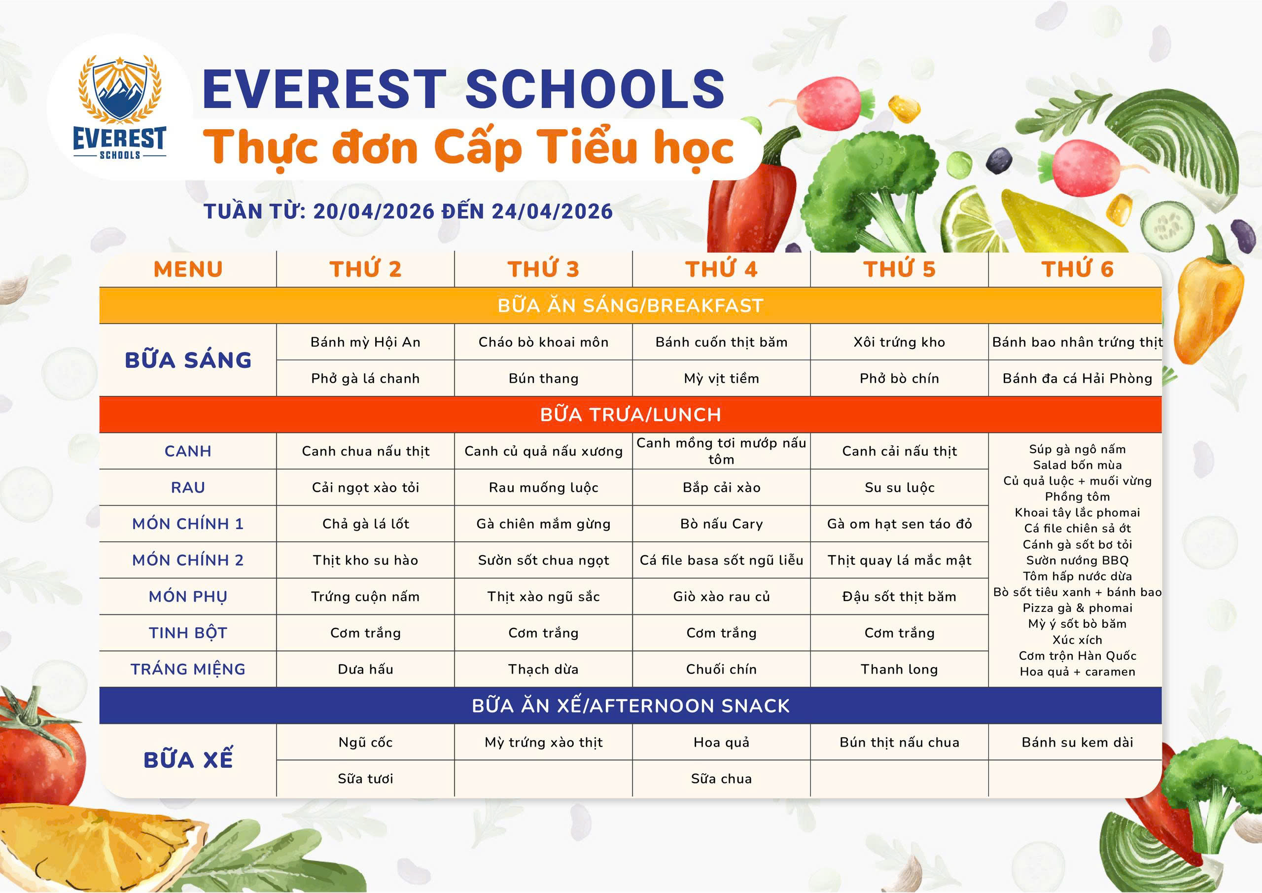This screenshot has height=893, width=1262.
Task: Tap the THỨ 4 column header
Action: pyautogui.click(x=721, y=269)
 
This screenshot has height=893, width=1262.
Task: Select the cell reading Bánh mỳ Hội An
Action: pyautogui.click(x=365, y=342)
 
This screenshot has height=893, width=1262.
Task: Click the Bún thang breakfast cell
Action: pyautogui.click(x=544, y=378)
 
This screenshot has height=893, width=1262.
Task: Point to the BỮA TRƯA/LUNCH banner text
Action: pyautogui.click(x=631, y=415)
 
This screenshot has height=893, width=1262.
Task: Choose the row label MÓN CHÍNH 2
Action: pyautogui.click(x=188, y=560)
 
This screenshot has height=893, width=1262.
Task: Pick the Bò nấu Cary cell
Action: pyautogui.click(x=721, y=524)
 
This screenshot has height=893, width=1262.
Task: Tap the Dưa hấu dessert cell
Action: pyautogui.click(x=365, y=669)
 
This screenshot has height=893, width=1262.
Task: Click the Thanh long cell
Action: pyautogui.click(x=899, y=669)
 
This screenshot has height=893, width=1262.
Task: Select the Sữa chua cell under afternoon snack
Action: pyautogui.click(x=721, y=779)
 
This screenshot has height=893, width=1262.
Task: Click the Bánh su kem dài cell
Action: pyautogui.click(x=1077, y=742)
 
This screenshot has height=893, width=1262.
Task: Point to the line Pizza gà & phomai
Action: pyautogui.click(x=1077, y=607)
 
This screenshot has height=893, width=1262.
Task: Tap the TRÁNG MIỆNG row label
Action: pyautogui.click(x=188, y=669)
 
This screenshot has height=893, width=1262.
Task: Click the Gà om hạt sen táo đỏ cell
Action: pyautogui.click(x=899, y=524)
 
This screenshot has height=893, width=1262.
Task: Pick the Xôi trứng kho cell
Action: pyautogui.click(x=899, y=342)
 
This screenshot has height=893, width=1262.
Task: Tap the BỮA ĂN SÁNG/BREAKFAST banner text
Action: pyautogui.click(x=631, y=306)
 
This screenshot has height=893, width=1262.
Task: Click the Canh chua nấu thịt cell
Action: pyautogui.click(x=365, y=451)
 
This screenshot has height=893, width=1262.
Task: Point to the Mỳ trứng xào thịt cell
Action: pyautogui.click(x=544, y=742)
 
